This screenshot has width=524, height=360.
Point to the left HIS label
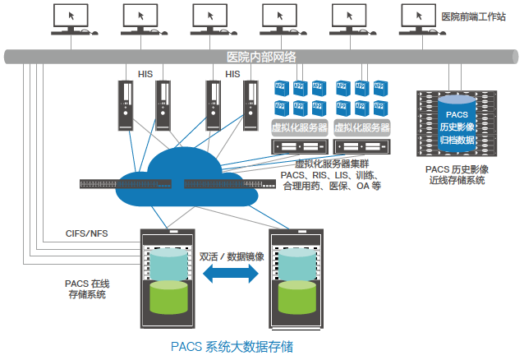[x=145, y=74]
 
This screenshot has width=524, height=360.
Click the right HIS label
[x=232, y=74]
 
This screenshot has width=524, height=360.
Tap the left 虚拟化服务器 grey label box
[x=300, y=127]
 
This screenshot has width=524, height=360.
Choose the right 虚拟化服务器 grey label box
[x=362, y=127]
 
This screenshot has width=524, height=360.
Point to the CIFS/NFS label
[x=86, y=233]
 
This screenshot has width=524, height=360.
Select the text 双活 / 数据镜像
[x=232, y=256]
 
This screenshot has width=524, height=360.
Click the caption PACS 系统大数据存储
[x=232, y=347]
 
